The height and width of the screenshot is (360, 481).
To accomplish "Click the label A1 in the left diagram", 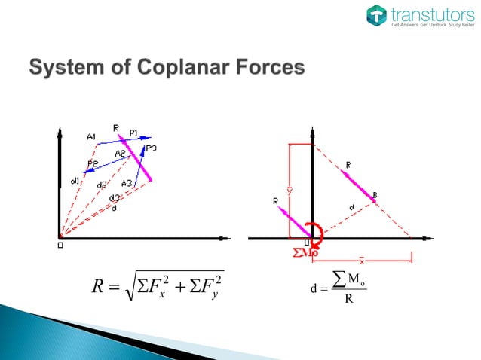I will (90, 137).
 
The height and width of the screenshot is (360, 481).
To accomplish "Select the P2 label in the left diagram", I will (93, 163).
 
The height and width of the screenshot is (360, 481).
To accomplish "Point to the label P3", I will (152, 148).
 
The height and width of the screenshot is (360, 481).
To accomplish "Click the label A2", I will (120, 154).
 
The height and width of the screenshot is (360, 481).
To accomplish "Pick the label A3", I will (127, 183).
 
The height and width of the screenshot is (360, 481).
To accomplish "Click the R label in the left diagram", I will (116, 128).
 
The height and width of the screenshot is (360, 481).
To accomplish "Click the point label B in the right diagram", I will (375, 196).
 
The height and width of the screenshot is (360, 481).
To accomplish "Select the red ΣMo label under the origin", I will (305, 253).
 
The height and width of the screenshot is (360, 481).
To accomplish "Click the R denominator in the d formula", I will (347, 299).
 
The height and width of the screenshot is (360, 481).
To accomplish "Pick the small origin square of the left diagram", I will (60, 244).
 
